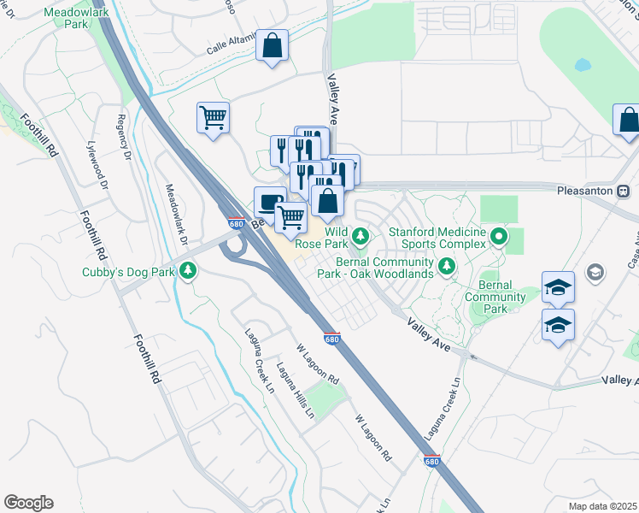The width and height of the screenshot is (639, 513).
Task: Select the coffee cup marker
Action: [270, 203]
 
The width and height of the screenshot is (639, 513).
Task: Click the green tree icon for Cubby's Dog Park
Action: [187, 272]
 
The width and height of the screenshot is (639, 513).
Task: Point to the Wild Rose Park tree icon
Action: [361, 233]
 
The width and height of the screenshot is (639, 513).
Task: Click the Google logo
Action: [28, 502]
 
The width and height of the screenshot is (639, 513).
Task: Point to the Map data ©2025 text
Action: [601, 506]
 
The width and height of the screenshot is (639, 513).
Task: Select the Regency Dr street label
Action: [124, 137]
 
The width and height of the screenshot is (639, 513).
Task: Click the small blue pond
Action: [583, 65]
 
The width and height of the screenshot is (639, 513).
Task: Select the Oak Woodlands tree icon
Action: [445, 268]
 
